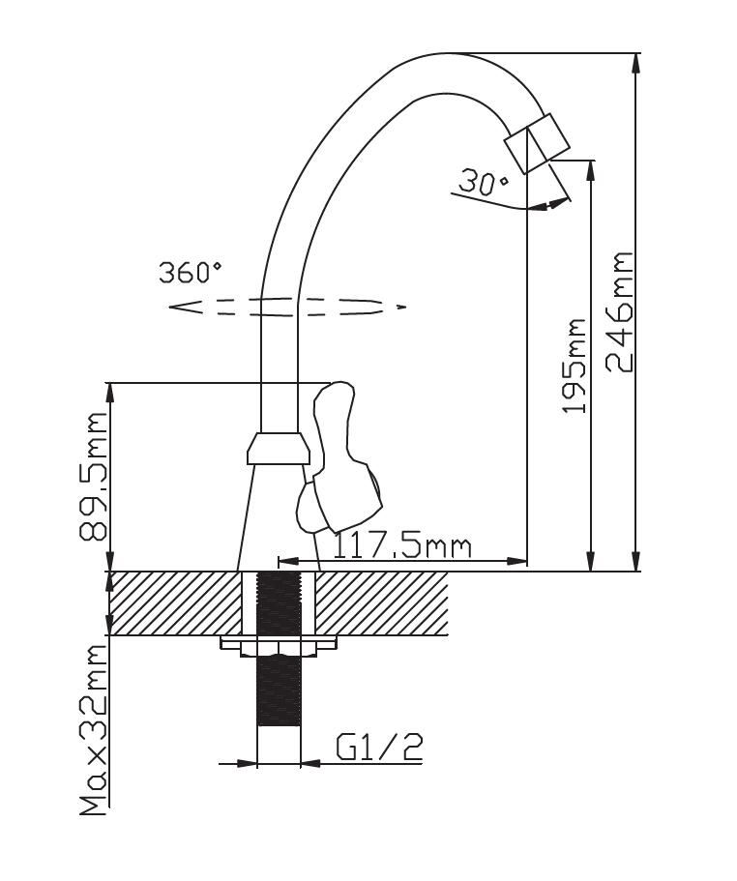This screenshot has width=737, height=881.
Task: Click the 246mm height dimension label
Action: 619,311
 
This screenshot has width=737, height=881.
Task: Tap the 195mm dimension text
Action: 575,366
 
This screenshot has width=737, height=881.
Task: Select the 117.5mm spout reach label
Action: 402,546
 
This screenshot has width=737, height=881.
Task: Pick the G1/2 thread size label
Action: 379,747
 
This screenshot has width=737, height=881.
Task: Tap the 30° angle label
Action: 484,183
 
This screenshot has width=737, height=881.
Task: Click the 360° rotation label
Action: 191,273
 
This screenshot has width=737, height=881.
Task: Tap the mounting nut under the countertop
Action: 279,645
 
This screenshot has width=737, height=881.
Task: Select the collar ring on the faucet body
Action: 279,449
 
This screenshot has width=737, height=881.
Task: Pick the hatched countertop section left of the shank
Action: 174,602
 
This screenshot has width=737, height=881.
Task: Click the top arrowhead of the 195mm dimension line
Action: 590,170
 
